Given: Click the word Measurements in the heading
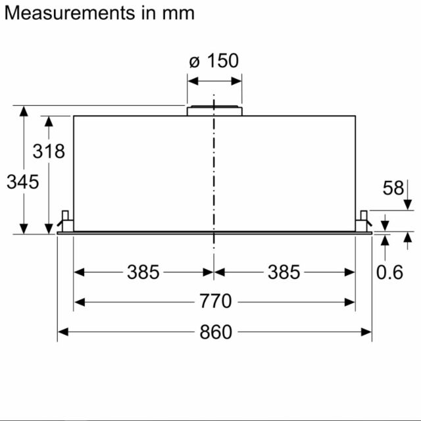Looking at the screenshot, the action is (70, 13).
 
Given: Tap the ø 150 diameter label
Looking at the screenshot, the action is (214, 61).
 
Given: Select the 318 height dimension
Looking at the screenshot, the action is (49, 151).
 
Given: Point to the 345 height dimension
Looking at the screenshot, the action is (23, 182).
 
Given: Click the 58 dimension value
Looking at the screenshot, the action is (393, 187).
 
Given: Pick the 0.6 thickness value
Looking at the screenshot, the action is (389, 272).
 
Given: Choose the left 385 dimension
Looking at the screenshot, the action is (143, 272).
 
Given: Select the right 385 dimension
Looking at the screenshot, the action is (284, 272).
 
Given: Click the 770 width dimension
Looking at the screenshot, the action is (215, 301).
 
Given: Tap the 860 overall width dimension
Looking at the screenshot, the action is (216, 332).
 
